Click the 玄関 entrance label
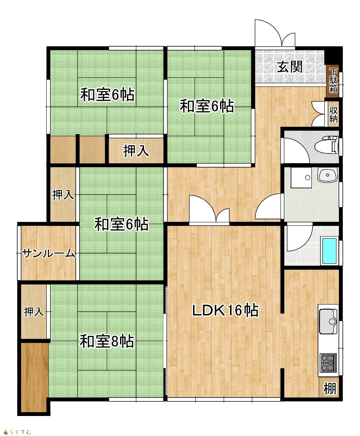tap(289, 67)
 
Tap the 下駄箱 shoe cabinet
tap(333, 80)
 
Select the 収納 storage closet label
tap(333, 114)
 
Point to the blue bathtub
tap(329, 251)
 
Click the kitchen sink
tap(328, 321)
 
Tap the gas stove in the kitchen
tap(328, 363)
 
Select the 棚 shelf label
tap(330, 388)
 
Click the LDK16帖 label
tap(225, 310)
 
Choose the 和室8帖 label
tap(107, 341)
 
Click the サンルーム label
tap(49, 253)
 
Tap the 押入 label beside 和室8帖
tap(34, 312)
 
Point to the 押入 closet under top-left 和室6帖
tap(136, 151)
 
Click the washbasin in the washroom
tap(328, 175)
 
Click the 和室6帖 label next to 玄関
tap(207, 106)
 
